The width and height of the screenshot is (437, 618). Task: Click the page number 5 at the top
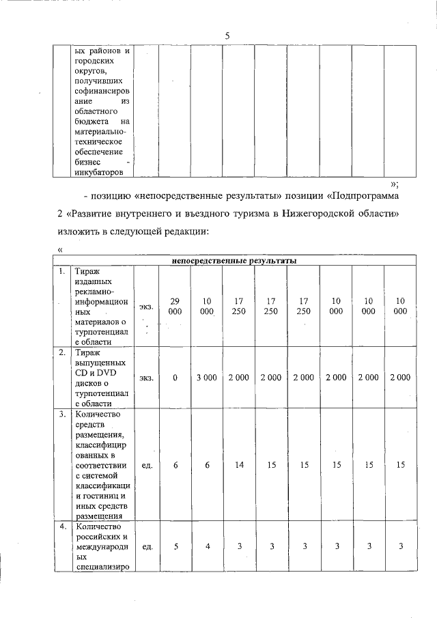(226, 36)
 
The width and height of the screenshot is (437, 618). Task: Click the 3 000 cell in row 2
(207, 377)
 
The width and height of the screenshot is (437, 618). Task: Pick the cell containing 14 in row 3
(239, 464)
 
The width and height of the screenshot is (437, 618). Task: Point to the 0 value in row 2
(175, 377)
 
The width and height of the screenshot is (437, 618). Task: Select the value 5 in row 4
(175, 546)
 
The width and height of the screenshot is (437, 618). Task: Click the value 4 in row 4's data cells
(207, 546)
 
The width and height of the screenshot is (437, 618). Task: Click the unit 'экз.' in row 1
(146, 307)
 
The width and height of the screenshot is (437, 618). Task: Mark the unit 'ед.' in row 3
(146, 464)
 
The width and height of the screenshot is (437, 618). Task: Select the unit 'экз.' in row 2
(146, 377)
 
